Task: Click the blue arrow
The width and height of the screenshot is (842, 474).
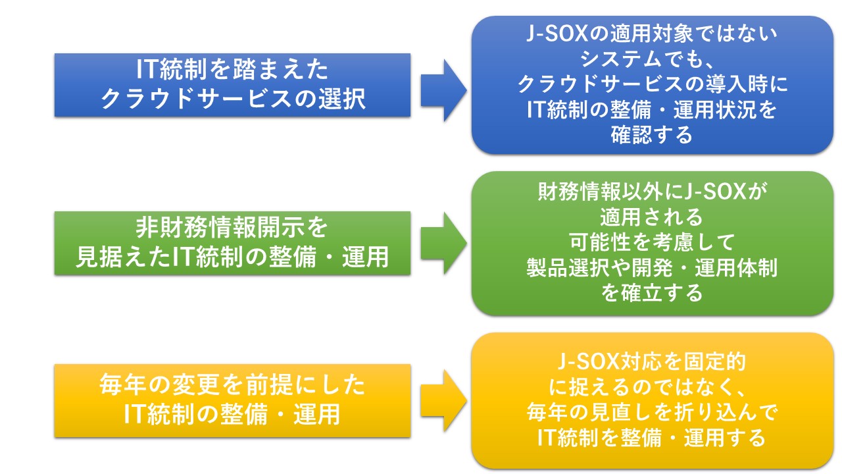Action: coord(443,90)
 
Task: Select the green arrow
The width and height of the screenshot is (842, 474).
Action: coord(443,243)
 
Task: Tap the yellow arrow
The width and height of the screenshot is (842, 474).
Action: coord(443,400)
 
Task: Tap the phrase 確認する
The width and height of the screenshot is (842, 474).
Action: coord(651,135)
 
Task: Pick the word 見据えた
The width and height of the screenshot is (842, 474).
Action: coord(123,257)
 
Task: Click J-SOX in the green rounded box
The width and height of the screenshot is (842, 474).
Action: coord(714,192)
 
